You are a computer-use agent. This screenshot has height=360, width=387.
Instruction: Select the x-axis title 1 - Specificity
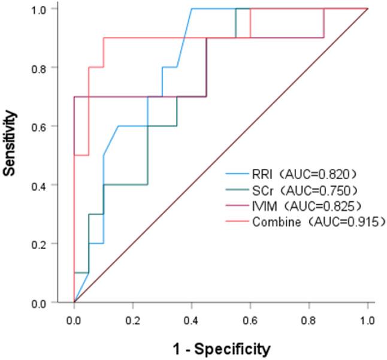(220, 349)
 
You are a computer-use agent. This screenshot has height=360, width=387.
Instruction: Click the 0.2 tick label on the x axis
(132, 316)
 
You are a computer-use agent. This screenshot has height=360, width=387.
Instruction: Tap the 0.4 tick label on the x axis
(191, 316)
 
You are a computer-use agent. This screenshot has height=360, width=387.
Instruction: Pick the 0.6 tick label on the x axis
(250, 316)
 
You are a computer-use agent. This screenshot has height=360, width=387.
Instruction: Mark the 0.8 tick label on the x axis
(309, 316)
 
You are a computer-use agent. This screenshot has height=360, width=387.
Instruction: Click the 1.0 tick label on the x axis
(367, 316)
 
